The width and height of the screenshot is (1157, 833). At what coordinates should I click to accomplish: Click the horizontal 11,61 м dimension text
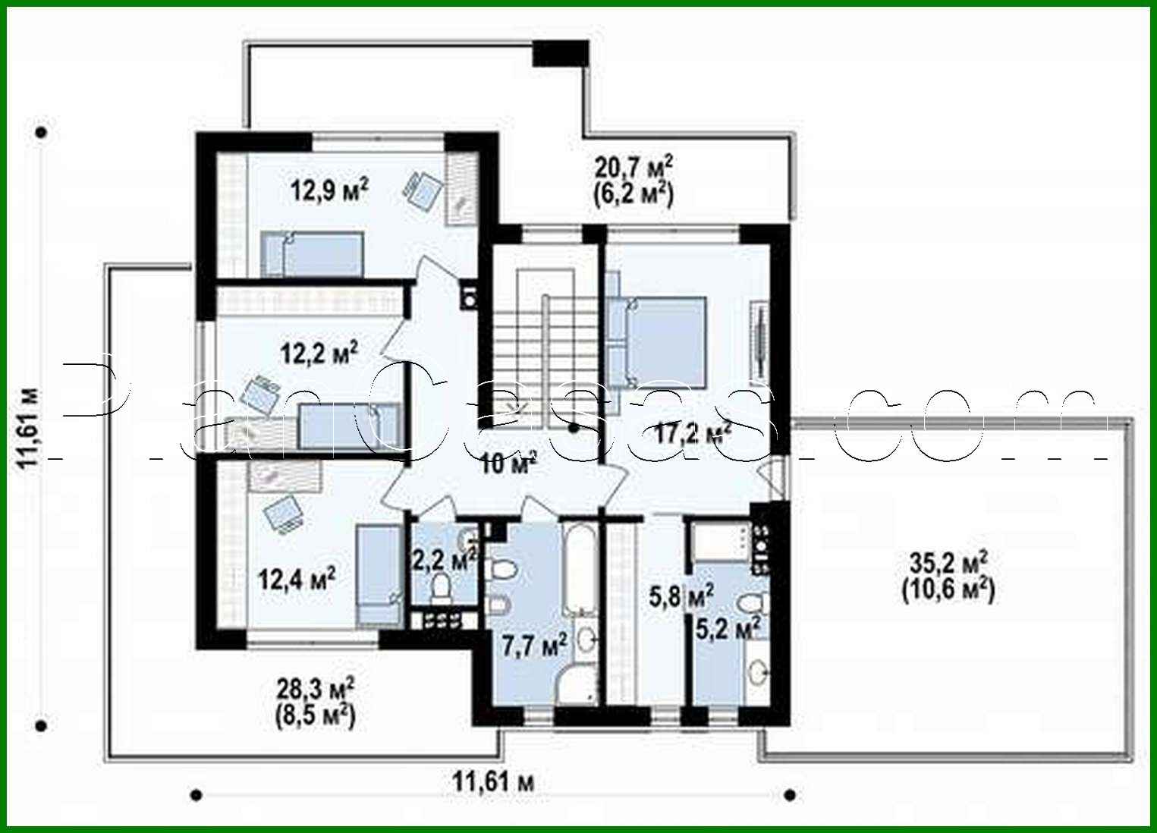(492, 781)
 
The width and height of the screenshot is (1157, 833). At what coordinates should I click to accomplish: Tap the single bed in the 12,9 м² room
(312, 254)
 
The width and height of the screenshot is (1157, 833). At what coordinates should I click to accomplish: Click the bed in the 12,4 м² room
(377, 574)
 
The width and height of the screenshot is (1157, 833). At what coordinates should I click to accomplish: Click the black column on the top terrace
(560, 52)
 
